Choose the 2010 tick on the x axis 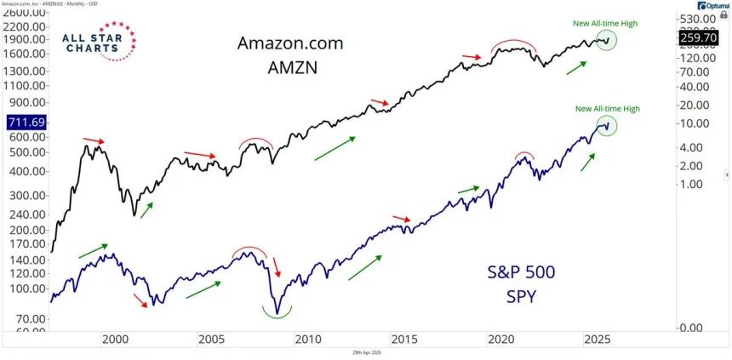[x=307, y=339]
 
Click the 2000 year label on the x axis [x=114, y=339]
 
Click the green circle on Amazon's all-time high [x=606, y=39]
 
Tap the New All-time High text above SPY [x=607, y=108]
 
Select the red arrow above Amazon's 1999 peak [x=94, y=140]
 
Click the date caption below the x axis [x=365, y=353]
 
